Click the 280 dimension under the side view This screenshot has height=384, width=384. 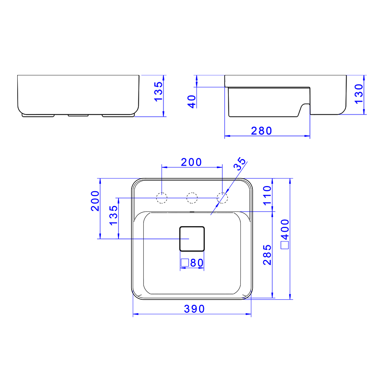pyautogui.click(x=261, y=130)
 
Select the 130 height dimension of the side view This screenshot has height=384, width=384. pyautogui.click(x=358, y=94)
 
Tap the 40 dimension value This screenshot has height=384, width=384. pyautogui.click(x=192, y=101)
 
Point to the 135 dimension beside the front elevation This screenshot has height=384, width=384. pyautogui.click(x=159, y=91)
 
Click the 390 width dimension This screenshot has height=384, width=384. pyautogui.click(x=194, y=309)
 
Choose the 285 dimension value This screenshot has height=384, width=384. pyautogui.click(x=267, y=255)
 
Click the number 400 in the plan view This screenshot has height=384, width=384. pyautogui.click(x=285, y=229)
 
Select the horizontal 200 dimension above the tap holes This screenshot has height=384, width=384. pyautogui.click(x=191, y=162)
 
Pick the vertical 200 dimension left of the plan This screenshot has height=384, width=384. pyautogui.click(x=95, y=201)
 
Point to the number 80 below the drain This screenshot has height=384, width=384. pyautogui.click(x=196, y=263)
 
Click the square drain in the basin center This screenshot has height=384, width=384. pyautogui.click(x=192, y=238)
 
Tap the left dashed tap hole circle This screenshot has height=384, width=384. pyautogui.click(x=162, y=198)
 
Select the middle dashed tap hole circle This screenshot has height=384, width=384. pyautogui.click(x=192, y=198)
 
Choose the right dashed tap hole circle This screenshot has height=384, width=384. pyautogui.click(x=222, y=198)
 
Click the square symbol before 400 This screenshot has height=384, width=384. pyautogui.click(x=285, y=245)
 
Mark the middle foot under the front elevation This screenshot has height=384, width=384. pyautogui.click(x=78, y=115)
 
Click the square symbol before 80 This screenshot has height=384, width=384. pyautogui.click(x=184, y=263)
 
